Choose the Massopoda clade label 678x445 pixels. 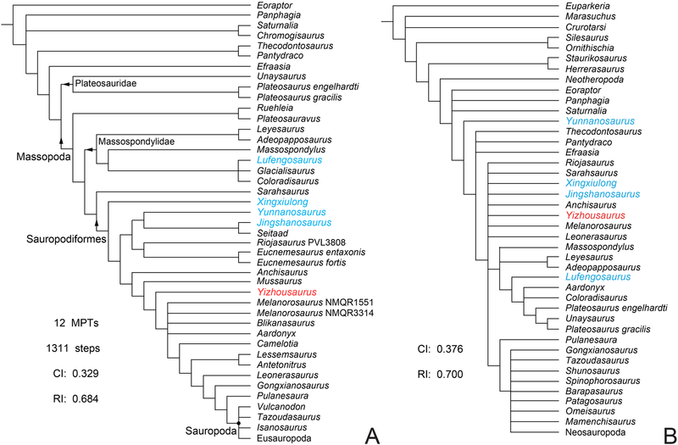tap(42, 156)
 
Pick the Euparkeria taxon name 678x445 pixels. tap(588, 8)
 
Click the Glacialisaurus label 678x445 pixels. tap(286, 170)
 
